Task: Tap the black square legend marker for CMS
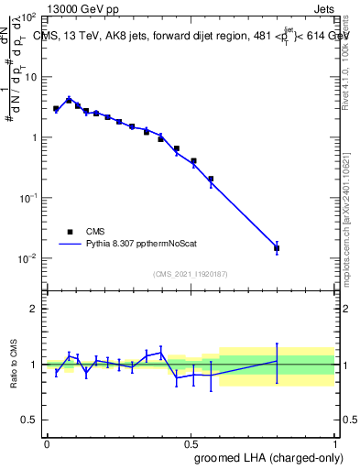[x=70, y=232]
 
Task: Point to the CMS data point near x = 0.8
[x=277, y=248]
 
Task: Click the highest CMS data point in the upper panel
[x=69, y=100]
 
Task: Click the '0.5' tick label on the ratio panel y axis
[x=29, y=420]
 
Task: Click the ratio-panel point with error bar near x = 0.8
[x=277, y=361]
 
